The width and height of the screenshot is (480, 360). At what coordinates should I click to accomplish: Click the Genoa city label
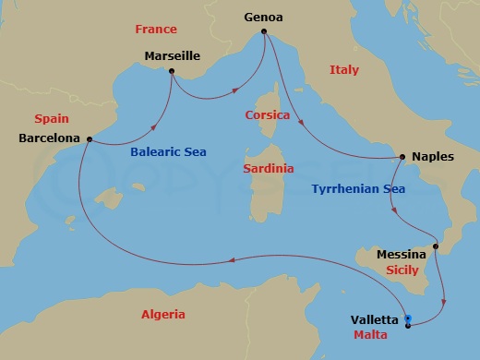click(x=264, y=17)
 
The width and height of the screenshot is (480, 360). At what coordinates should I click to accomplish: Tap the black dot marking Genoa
click(x=264, y=32)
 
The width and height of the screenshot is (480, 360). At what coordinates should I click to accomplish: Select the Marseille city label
click(x=172, y=56)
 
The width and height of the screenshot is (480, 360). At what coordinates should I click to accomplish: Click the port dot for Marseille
click(x=172, y=71)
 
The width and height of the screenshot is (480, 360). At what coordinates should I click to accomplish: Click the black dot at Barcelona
click(x=89, y=139)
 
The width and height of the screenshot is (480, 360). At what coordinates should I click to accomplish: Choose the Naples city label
click(x=433, y=157)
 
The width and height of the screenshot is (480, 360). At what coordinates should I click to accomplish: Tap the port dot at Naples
click(x=402, y=157)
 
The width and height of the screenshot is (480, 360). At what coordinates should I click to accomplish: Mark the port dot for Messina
click(x=437, y=246)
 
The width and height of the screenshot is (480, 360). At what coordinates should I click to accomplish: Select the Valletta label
click(x=375, y=319)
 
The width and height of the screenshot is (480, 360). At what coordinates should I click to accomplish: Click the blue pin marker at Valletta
click(x=408, y=320)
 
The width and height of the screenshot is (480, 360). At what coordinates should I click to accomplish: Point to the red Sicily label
click(x=402, y=270)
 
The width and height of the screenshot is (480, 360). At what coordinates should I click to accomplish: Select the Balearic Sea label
click(x=167, y=152)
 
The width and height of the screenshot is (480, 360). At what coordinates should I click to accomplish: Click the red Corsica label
click(x=268, y=115)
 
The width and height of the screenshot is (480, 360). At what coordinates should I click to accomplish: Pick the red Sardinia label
click(x=269, y=169)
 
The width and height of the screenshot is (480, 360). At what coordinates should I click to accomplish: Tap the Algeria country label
click(x=163, y=315)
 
